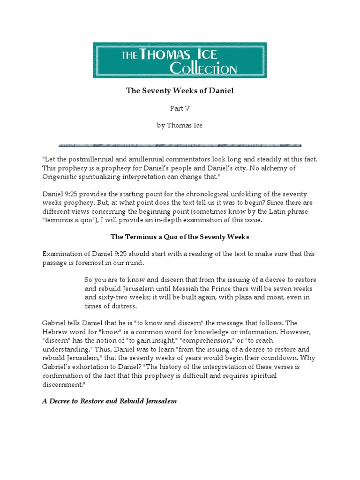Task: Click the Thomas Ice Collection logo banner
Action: (x=180, y=60)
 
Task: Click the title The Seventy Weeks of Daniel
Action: (x=180, y=91)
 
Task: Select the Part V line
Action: (x=180, y=108)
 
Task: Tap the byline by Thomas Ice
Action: (x=180, y=126)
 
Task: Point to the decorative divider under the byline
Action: (x=180, y=145)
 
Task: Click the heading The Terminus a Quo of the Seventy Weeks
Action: (x=180, y=237)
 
